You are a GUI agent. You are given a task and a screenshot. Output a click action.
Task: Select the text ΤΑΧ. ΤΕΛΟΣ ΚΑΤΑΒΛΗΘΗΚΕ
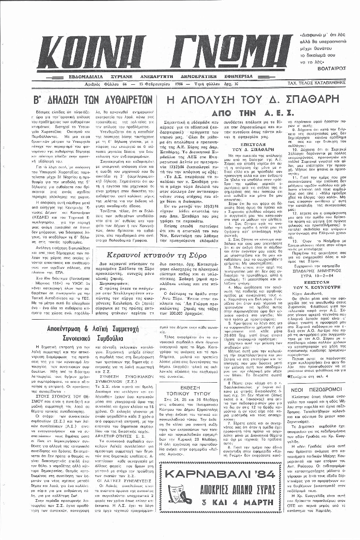(321, 84)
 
